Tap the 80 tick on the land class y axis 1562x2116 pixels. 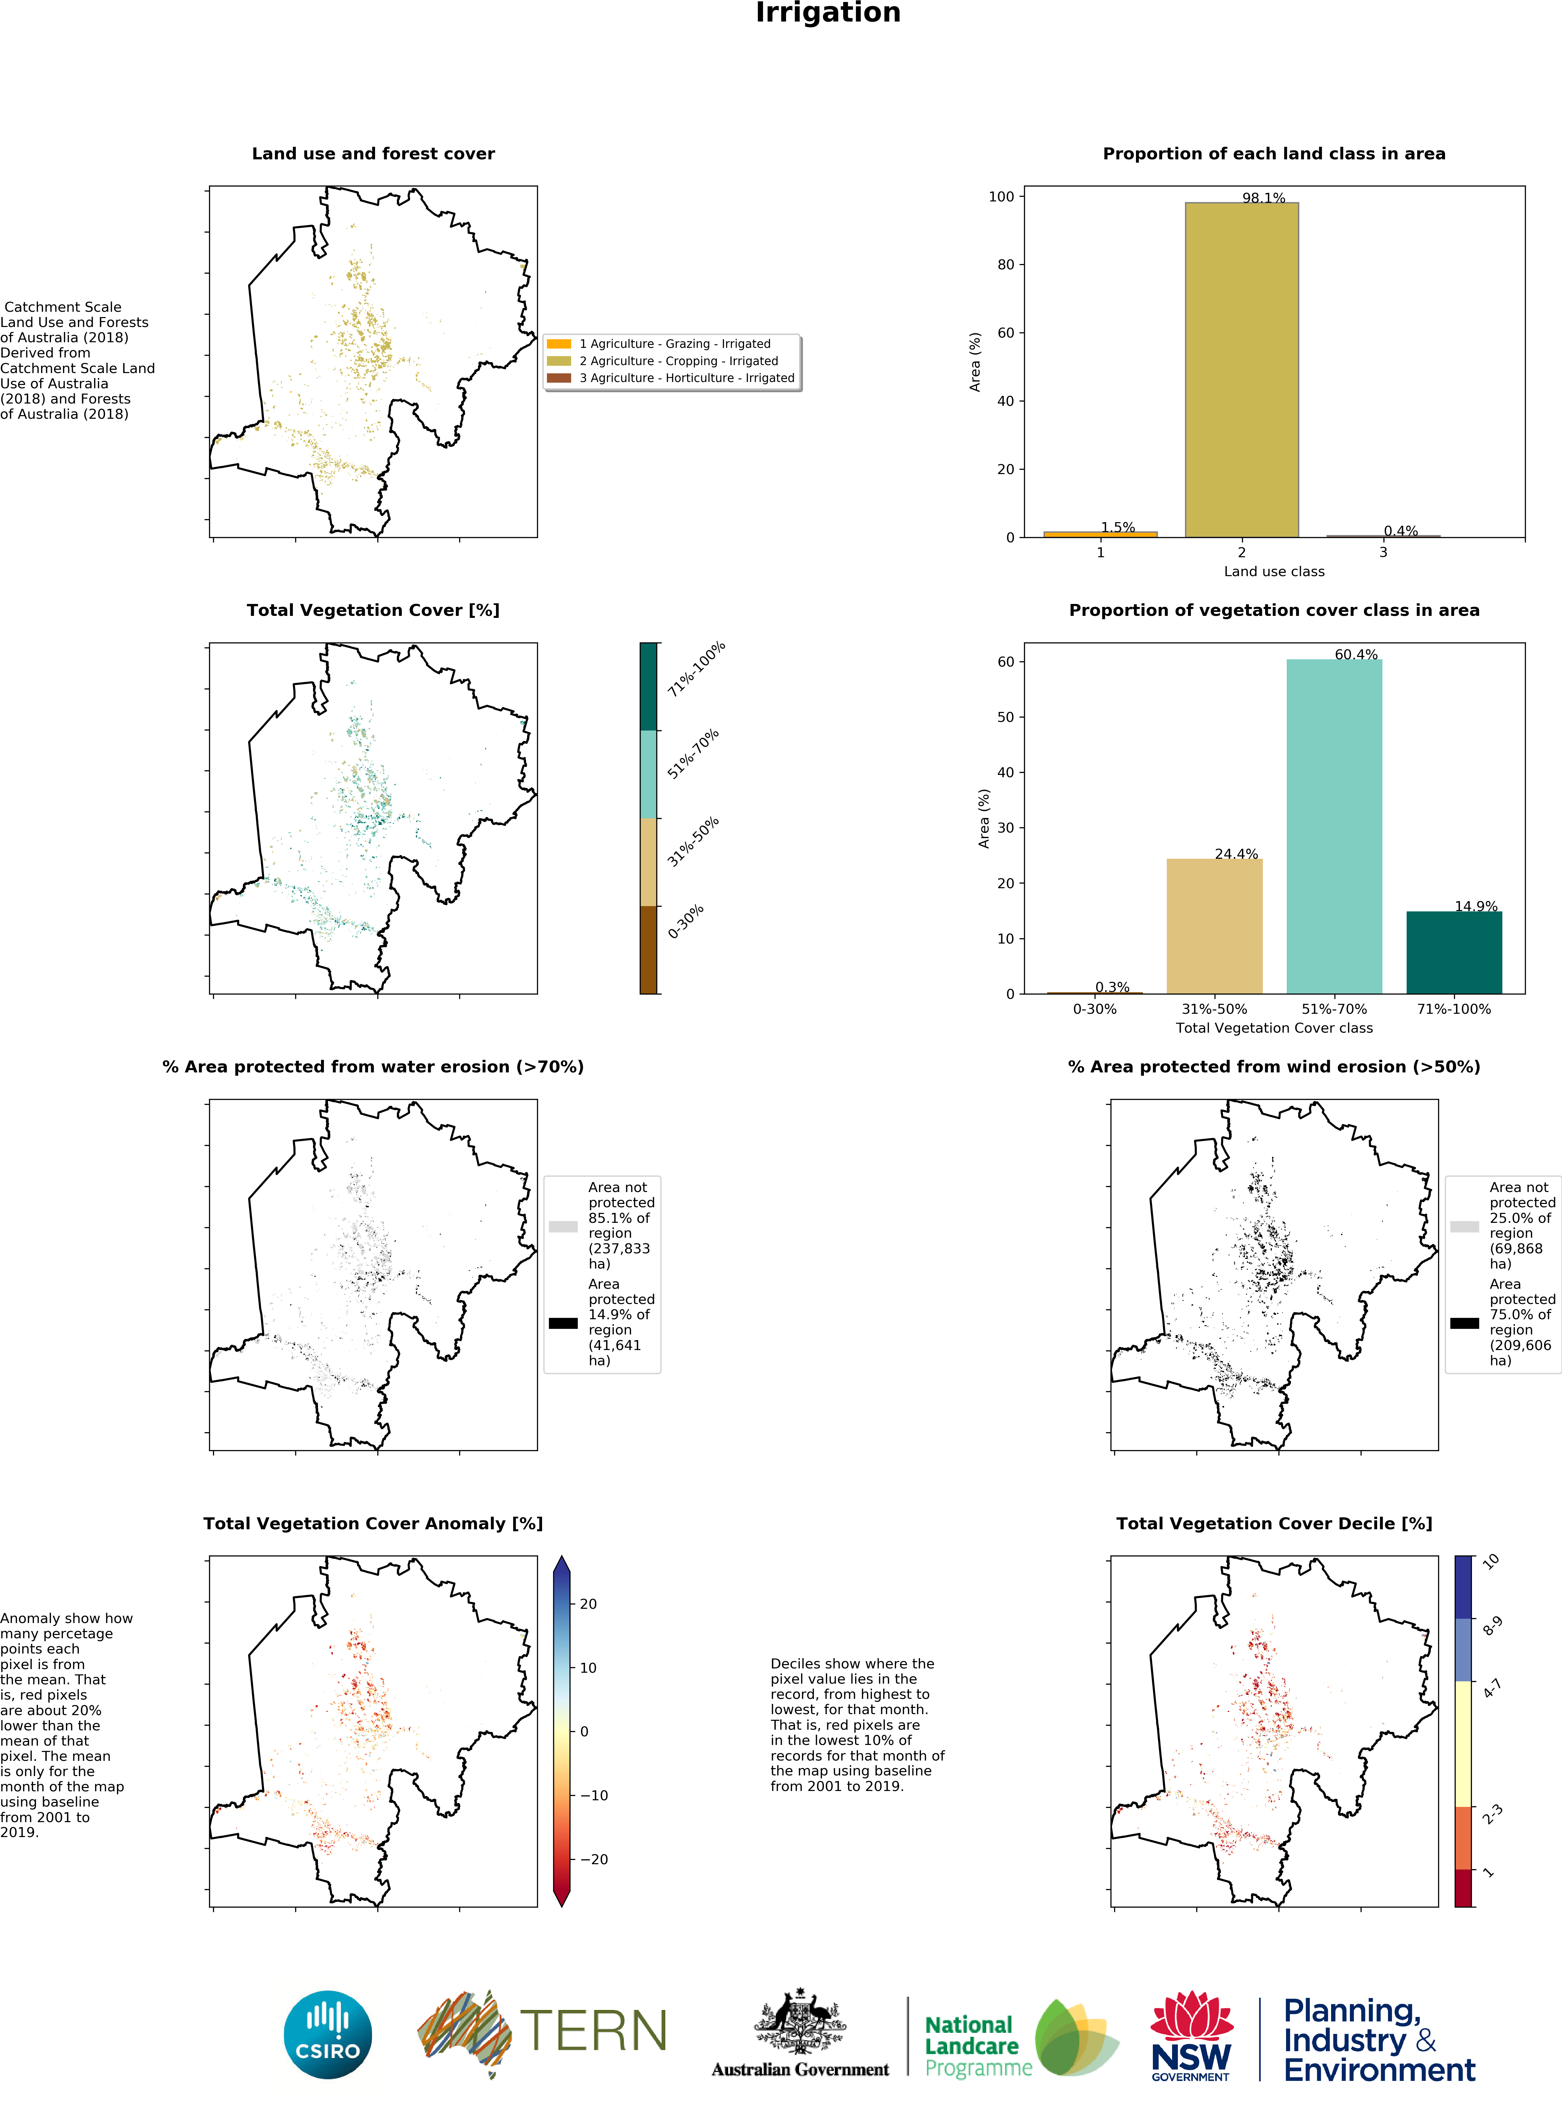[x=1005, y=265]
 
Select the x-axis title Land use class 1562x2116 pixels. [x=1273, y=571]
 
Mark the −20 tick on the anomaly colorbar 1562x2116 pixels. [x=594, y=1859]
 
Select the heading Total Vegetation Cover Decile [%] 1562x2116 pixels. [x=1273, y=1523]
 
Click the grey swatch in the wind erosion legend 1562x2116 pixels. [x=1465, y=1226]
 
